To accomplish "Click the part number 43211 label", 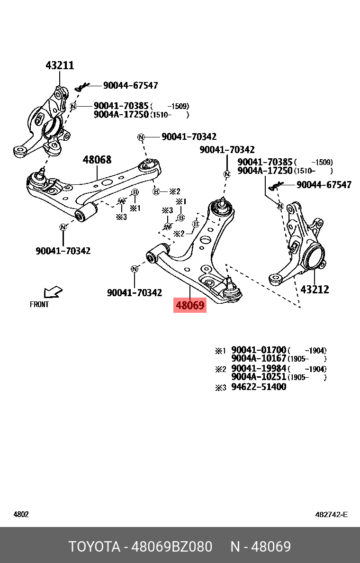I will coord(60,65).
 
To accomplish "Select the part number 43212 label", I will coord(315,289).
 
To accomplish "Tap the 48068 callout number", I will coord(97,160).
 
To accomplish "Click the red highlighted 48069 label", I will coord(190,306).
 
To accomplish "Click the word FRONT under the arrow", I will coord(39,305).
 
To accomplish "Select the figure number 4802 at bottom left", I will coord(20,514).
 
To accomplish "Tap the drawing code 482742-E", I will coord(331,514).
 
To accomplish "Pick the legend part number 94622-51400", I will coord(259,387).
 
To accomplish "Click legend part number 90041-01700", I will coord(259,351).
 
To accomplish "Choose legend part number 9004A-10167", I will coord(259,359).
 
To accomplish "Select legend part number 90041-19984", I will coord(259,369).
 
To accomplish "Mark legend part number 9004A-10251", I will coord(259,377).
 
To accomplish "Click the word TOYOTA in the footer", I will coord(95,546).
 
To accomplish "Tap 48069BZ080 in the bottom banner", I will coord(171,546).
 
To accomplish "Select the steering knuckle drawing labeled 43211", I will coord(45,126).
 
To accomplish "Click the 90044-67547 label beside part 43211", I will coord(130,86).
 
